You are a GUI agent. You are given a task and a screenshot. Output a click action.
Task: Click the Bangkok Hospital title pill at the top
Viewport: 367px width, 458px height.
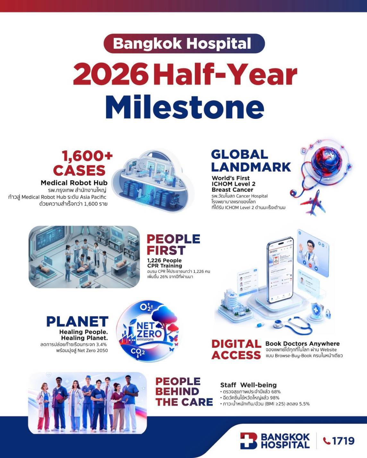click(x=184, y=44)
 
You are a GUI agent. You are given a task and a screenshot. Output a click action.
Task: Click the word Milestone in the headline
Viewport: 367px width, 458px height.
click(x=185, y=107)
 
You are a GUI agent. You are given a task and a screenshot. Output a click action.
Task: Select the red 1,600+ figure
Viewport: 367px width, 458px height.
click(x=87, y=156)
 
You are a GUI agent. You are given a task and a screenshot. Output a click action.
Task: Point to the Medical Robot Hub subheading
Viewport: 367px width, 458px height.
click(x=74, y=183)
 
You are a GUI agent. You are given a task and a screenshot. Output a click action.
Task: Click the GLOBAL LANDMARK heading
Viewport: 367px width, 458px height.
click(x=251, y=161)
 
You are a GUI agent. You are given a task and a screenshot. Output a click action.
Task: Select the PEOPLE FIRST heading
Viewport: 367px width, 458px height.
click(x=173, y=245)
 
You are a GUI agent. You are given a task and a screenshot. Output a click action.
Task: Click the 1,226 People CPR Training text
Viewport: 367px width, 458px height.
click(x=165, y=263)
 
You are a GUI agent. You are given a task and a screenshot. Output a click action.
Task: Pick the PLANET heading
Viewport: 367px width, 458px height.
click(x=77, y=322)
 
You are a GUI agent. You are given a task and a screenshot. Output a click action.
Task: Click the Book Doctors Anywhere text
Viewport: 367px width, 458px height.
click(x=303, y=343)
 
